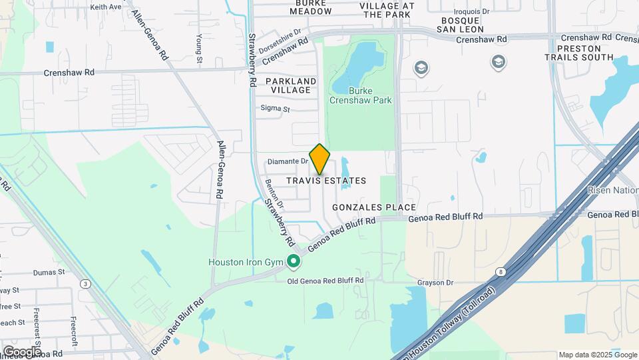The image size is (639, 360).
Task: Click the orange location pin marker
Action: coord(320,159)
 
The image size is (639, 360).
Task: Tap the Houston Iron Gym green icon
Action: coord(292,262)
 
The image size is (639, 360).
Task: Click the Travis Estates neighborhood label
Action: coord(327,181)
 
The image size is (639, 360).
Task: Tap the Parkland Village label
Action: coord(291,85)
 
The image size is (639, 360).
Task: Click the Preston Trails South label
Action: coord(585,53)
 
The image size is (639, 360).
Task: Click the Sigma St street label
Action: coord(276,109)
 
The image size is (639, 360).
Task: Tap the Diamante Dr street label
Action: coord(288,161)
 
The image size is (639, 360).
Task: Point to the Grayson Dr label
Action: coord(435,283)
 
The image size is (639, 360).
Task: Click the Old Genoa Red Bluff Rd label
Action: coord(325,281)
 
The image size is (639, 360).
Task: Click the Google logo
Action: coord(21,351)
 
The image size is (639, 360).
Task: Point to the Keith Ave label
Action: coord(106,7)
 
